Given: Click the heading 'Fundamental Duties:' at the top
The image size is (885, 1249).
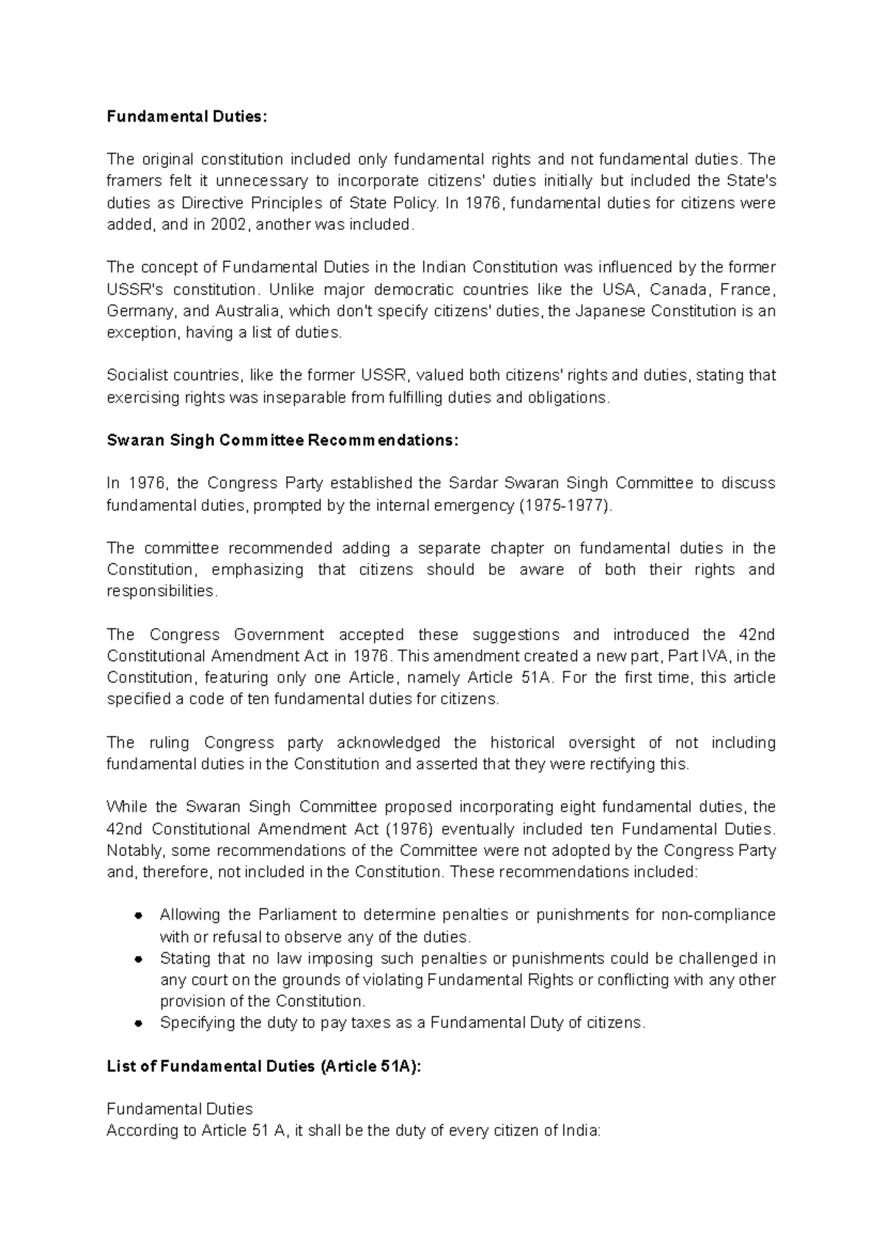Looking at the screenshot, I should [x=184, y=116].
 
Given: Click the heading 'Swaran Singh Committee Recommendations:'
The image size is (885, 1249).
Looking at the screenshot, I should [x=282, y=440].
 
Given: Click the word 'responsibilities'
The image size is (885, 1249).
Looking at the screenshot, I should [x=162, y=591].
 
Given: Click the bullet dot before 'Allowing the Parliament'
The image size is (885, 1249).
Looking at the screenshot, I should [x=138, y=916].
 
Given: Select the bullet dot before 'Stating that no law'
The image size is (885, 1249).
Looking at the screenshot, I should [x=138, y=959].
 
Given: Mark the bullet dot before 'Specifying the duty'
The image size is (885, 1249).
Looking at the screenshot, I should [x=138, y=1024].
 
